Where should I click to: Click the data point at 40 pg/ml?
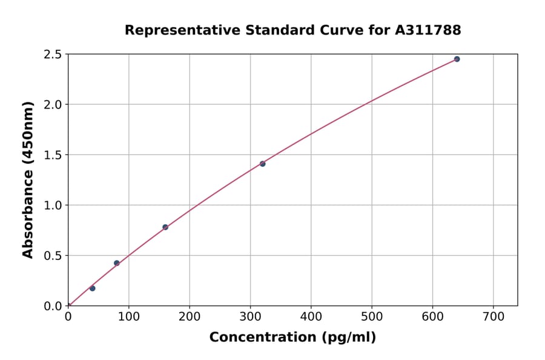(x=92, y=288)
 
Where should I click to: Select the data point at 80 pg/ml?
(x=117, y=263)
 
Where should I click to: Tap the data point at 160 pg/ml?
(x=165, y=227)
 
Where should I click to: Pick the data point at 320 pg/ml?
(x=262, y=164)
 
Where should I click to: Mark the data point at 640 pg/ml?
(x=457, y=59)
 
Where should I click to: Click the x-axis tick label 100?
(x=128, y=316)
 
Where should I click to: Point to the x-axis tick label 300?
(x=250, y=316)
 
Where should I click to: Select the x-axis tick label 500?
(x=372, y=316)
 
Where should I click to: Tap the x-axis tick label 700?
(x=493, y=316)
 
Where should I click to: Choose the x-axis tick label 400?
(x=311, y=316)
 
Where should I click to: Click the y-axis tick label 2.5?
(x=53, y=55)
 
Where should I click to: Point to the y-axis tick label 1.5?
(x=53, y=155)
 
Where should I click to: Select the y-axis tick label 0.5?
(x=53, y=256)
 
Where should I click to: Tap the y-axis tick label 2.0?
(x=53, y=105)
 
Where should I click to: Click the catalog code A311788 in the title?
(x=428, y=30)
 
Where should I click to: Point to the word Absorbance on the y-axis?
(x=28, y=214)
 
